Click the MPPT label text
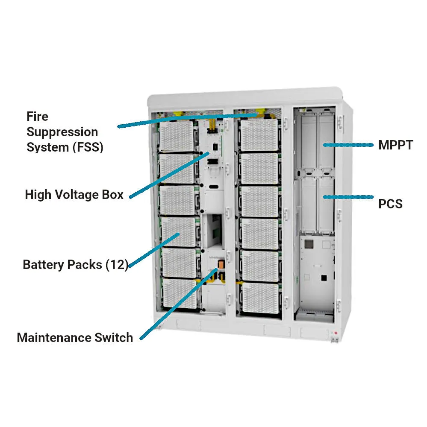tap(395, 145)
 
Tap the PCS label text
tap(390, 204)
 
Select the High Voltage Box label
tap(74, 195)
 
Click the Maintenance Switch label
tap(75, 338)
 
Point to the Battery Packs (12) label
tap(75, 265)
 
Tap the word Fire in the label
tap(37, 117)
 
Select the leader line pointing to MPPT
tap(347, 145)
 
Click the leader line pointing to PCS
tap(347, 197)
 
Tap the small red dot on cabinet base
tap(336, 333)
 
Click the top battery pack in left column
tap(177, 135)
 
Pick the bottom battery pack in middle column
tap(260, 298)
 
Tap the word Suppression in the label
tap(62, 132)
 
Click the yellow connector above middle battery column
tap(259, 114)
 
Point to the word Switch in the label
tap(113, 338)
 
